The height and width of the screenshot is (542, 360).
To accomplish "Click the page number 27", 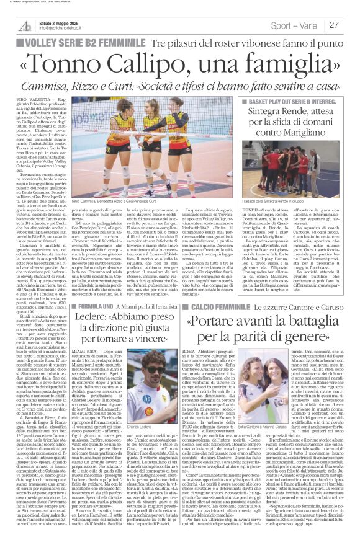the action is click(351, 25).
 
